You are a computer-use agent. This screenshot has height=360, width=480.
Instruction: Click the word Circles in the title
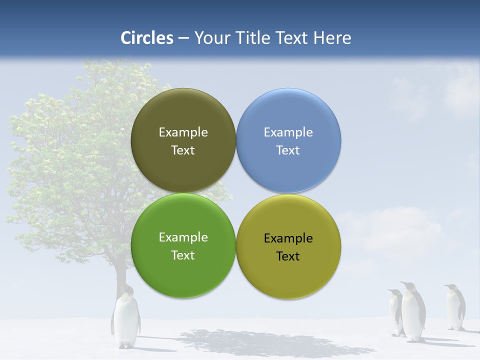point(147,38)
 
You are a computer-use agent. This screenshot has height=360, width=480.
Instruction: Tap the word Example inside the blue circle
point(288,132)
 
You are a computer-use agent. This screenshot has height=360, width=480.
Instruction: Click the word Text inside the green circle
point(183,255)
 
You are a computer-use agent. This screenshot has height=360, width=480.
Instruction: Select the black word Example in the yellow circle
point(288,238)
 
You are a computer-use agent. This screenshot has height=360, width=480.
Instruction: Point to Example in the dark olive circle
point(183,132)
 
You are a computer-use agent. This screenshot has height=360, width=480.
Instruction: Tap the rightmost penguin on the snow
point(455,307)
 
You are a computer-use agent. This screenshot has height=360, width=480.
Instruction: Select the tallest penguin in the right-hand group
point(413,312)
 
